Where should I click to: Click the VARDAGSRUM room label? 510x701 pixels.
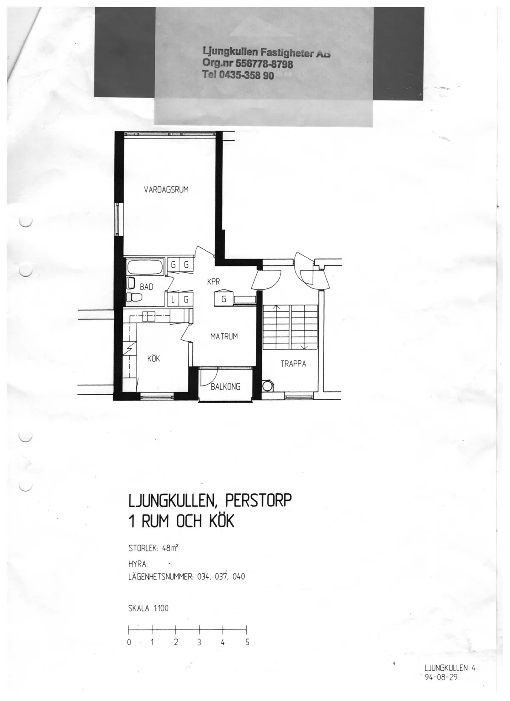click(x=166, y=189)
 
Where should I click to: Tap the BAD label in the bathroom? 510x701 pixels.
click(x=146, y=287)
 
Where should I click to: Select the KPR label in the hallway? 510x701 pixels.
click(x=213, y=282)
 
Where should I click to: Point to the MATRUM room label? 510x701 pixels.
click(x=224, y=336)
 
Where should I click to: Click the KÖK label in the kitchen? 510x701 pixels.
click(x=153, y=359)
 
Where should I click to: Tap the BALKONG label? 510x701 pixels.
click(x=226, y=387)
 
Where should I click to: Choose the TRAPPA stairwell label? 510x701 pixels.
click(x=293, y=364)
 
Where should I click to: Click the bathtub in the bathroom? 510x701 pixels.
click(x=145, y=268)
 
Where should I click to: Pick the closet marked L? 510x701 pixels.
click(x=173, y=300)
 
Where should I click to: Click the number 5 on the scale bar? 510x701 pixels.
click(x=247, y=642)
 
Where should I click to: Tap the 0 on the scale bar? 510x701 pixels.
click(x=129, y=642)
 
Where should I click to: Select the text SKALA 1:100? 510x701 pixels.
click(x=148, y=608)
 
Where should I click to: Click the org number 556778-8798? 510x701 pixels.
click(x=264, y=64)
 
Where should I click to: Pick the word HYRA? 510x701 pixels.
click(x=138, y=565)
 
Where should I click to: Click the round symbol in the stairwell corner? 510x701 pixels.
click(x=267, y=386)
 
